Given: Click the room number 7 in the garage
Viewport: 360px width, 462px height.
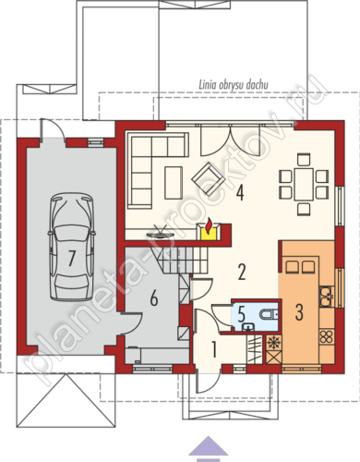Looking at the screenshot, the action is coord(71,258).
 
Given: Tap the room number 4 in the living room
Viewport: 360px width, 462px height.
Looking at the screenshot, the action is coord(240,193).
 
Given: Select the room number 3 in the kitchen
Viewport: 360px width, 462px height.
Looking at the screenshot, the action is coord(299,312).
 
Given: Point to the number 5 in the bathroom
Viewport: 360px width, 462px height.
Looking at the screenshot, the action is coord(242,315).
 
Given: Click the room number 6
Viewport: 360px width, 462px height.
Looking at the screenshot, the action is coord(153,298).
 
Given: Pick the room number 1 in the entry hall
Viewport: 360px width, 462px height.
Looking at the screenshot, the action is coord(214,349).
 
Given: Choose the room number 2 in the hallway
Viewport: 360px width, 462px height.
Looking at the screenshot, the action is coord(242,272).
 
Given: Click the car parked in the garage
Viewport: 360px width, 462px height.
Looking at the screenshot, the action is coord(72,247).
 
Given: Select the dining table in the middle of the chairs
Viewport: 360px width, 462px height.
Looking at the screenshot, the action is coord(304,184).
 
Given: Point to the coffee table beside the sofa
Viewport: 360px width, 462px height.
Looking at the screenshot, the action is coord(174,182).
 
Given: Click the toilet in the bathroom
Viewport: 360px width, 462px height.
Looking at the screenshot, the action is coord(269,314).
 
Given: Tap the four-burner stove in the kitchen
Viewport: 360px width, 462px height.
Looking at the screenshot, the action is coord(327,336).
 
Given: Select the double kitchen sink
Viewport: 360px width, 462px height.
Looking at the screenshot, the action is coord(326,297).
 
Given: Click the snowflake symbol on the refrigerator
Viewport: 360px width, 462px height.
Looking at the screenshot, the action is coord(272,343).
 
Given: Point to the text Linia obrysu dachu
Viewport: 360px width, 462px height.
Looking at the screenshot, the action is coord(234,84).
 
